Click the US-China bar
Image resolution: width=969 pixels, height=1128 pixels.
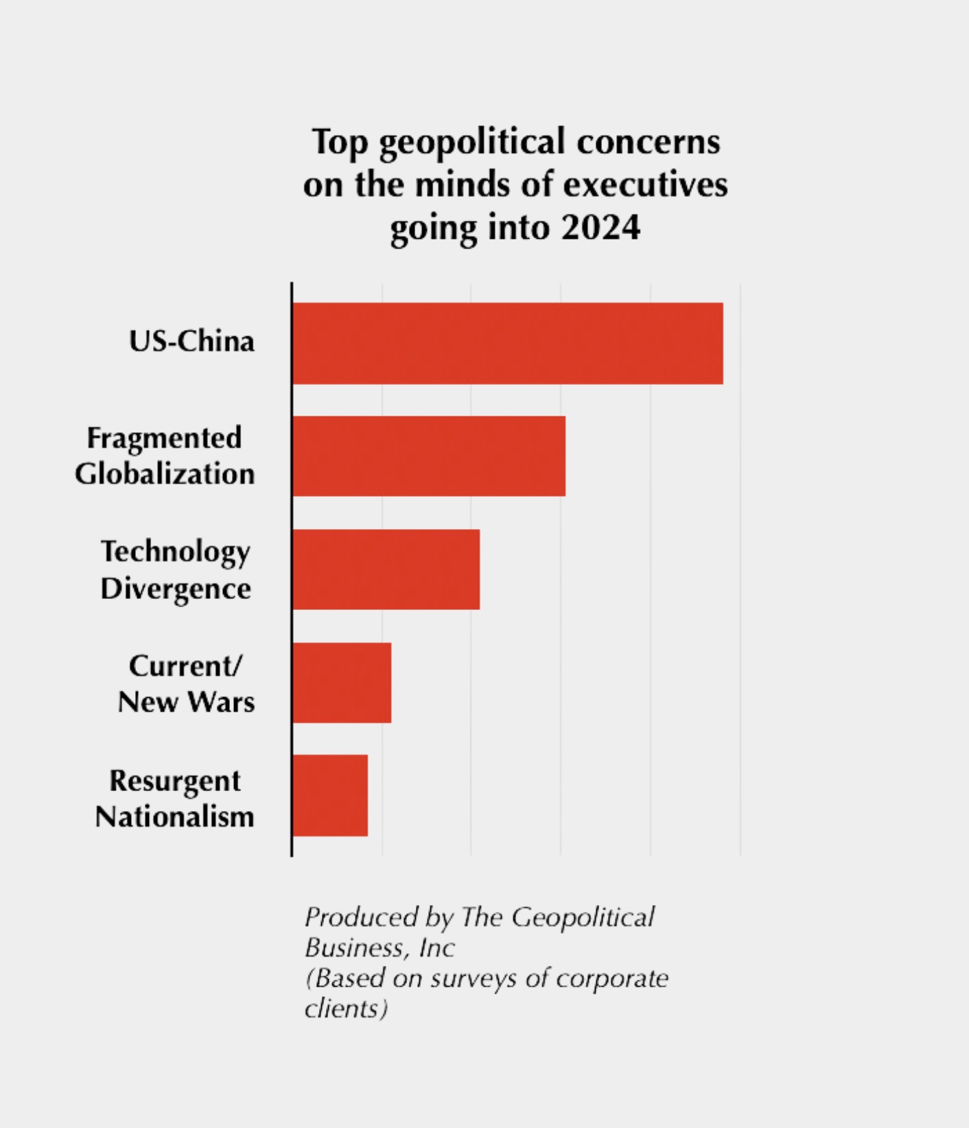508,343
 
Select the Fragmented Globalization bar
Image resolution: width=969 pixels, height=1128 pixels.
429,456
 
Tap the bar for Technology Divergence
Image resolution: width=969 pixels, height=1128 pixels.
386,569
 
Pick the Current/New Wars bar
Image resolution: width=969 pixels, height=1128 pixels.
342,682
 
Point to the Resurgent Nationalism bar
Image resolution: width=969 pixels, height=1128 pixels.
330,795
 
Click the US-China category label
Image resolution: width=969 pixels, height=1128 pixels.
191,341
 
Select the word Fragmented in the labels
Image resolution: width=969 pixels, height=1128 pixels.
164,438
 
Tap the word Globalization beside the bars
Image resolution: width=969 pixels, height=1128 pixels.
165,473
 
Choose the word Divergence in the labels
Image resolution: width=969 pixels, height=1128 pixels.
176,588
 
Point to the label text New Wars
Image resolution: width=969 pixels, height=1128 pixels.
186,702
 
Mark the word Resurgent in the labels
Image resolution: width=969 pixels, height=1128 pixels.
175,781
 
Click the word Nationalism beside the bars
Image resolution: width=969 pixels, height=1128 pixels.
174,816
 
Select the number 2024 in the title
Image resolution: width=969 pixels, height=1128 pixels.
600,227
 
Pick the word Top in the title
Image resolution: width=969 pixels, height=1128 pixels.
340,143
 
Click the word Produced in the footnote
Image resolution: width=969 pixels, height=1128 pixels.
361,917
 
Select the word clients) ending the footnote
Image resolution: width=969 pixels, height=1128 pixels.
346,1009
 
